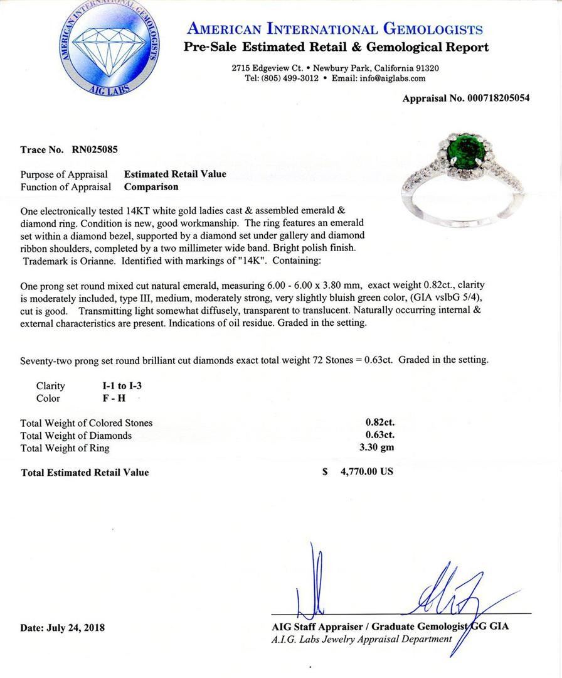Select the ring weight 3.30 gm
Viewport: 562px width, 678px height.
tap(380, 448)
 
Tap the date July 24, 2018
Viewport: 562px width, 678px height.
tap(75, 627)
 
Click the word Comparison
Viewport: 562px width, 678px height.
tap(151, 186)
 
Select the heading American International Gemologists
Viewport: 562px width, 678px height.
tap(335, 29)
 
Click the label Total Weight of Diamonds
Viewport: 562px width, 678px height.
tap(76, 435)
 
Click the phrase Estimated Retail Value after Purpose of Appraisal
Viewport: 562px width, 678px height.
tap(175, 174)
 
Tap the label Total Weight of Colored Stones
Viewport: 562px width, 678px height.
tap(87, 423)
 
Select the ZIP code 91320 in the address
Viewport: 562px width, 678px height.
tap(426, 68)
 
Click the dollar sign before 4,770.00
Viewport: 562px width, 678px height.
tap(325, 471)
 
